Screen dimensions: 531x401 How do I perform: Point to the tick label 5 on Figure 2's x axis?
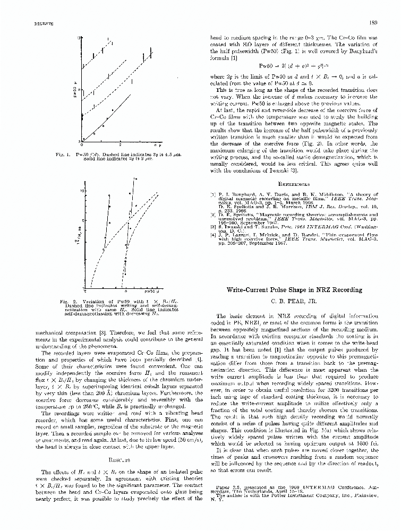tap(125, 291)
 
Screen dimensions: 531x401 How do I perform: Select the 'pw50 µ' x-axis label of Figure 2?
tap(150, 291)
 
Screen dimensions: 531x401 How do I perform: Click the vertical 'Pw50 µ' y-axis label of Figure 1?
tap(76, 93)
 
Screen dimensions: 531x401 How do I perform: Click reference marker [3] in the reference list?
tap(213, 226)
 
